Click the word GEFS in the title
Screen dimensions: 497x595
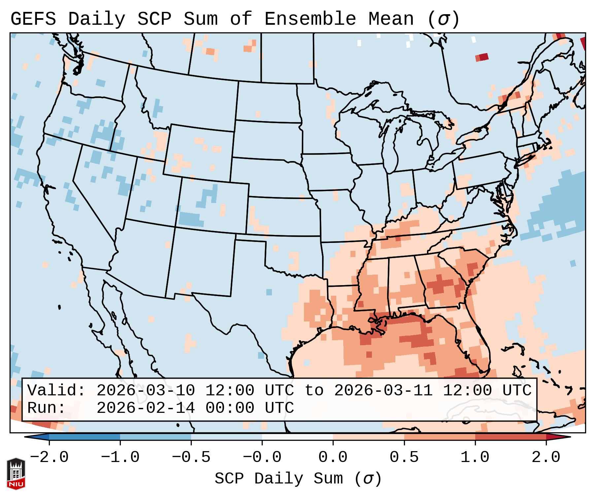pos(33,19)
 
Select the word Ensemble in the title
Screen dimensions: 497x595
pos(310,19)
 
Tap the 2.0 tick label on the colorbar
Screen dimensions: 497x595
pos(546,457)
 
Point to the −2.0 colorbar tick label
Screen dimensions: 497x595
pos(49,457)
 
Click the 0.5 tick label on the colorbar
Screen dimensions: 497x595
pos(404,457)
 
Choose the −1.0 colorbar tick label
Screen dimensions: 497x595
pos(120,457)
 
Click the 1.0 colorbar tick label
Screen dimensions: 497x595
pos(475,457)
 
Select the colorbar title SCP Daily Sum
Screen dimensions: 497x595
pos(279,479)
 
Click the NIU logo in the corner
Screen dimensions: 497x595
pos(16,474)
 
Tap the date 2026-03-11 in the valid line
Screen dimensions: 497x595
pos(383,391)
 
